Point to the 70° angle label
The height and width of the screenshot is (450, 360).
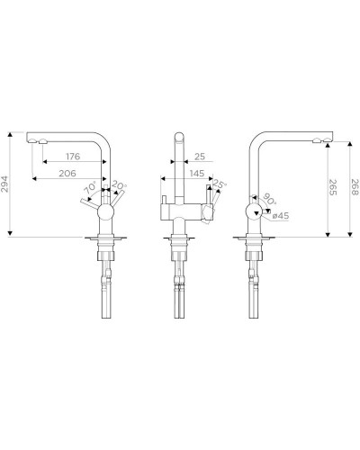(90, 189)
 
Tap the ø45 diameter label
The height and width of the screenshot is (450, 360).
(279, 215)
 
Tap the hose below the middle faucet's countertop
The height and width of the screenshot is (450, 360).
(178, 301)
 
